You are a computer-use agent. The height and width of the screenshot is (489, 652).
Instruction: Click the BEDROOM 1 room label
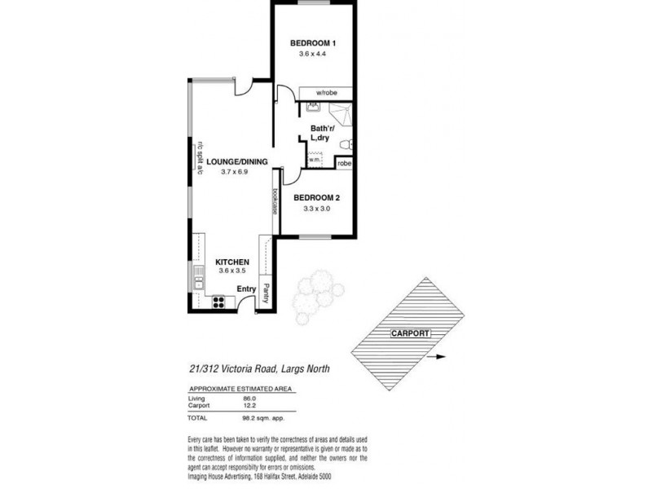pyautogui.click(x=314, y=43)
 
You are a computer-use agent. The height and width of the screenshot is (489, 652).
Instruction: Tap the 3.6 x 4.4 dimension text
pyautogui.click(x=314, y=55)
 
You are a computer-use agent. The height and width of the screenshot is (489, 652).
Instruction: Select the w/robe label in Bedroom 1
pyautogui.click(x=327, y=92)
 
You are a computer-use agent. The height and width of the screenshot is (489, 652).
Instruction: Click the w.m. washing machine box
pyautogui.click(x=315, y=160)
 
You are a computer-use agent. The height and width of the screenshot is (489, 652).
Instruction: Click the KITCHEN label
pyautogui.click(x=231, y=262)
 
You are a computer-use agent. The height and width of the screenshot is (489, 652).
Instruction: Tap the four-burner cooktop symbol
pyautogui.click(x=218, y=302)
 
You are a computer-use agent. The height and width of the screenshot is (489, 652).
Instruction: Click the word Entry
pyautogui.click(x=246, y=289)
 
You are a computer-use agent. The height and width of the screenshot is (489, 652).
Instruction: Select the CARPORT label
pyautogui.click(x=410, y=333)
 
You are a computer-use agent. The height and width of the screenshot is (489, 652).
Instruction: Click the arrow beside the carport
pyautogui.click(x=438, y=357)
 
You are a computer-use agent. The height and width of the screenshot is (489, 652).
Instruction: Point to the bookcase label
pyautogui.click(x=275, y=201)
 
